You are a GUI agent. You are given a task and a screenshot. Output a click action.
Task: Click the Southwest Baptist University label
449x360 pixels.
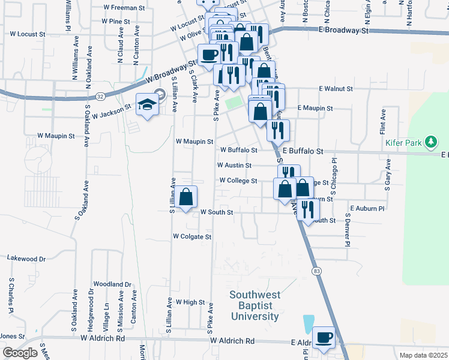[x=255, y=305]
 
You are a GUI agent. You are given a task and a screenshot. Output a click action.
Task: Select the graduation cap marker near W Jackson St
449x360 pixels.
[x=146, y=105]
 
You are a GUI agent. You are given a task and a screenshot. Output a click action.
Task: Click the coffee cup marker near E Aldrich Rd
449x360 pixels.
[x=324, y=337]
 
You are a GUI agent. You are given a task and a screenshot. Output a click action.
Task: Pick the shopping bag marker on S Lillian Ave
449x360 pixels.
[x=186, y=197]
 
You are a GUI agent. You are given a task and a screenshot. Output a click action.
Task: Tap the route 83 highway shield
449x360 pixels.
[x=316, y=271]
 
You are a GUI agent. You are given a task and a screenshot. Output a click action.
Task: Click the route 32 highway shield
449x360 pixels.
[x=101, y=96]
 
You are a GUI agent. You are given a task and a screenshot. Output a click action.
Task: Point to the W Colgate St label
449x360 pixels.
[x=192, y=237]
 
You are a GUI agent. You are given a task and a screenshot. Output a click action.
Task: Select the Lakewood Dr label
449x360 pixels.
[x=26, y=259]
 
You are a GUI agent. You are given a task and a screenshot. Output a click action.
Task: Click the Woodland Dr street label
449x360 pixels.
[x=112, y=284]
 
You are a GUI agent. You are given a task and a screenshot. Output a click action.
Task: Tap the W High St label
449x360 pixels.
[x=190, y=302]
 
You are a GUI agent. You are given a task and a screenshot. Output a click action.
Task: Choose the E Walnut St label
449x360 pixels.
[x=336, y=89]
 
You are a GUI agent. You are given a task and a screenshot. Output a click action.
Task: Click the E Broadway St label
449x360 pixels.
[x=343, y=29]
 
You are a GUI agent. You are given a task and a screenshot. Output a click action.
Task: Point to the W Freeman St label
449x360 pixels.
[x=124, y=8]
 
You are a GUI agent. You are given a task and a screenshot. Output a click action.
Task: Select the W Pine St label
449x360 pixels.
[x=116, y=21]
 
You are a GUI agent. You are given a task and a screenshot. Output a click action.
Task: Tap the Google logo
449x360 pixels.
[x=20, y=353]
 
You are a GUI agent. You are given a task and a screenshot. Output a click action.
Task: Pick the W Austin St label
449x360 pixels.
[x=234, y=165]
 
